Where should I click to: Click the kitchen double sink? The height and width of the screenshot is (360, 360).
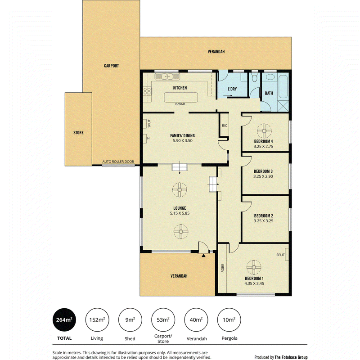point(167,76)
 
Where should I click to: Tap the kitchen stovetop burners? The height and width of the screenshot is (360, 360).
point(148,91)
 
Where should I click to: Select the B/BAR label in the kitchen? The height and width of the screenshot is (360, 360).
point(180,104)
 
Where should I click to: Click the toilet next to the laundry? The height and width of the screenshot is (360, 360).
point(254,78)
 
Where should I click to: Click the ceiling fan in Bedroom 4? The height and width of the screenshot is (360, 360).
point(264,131)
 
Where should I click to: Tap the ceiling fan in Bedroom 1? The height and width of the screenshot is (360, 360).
point(254,267)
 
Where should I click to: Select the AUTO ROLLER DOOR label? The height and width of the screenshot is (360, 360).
point(118,162)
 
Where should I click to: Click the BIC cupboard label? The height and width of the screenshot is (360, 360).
point(224,126)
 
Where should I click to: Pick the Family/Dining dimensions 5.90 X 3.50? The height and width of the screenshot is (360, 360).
point(183,141)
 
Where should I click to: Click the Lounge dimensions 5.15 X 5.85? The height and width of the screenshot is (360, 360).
point(180,213)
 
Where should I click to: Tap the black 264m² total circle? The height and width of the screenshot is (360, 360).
point(64,320)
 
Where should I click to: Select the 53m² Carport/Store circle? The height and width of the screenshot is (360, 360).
point(163,320)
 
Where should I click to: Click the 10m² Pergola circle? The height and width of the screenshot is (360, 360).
point(229,320)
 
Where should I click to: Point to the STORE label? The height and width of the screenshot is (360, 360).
point(78,132)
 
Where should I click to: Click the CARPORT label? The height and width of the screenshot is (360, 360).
point(111,66)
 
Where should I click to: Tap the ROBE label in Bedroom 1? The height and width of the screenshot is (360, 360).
point(222,268)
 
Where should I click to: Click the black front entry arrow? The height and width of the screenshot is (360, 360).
point(203,255)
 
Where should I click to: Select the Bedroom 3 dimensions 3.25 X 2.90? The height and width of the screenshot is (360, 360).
point(263,176)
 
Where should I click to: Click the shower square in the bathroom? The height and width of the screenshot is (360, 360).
point(283,106)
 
